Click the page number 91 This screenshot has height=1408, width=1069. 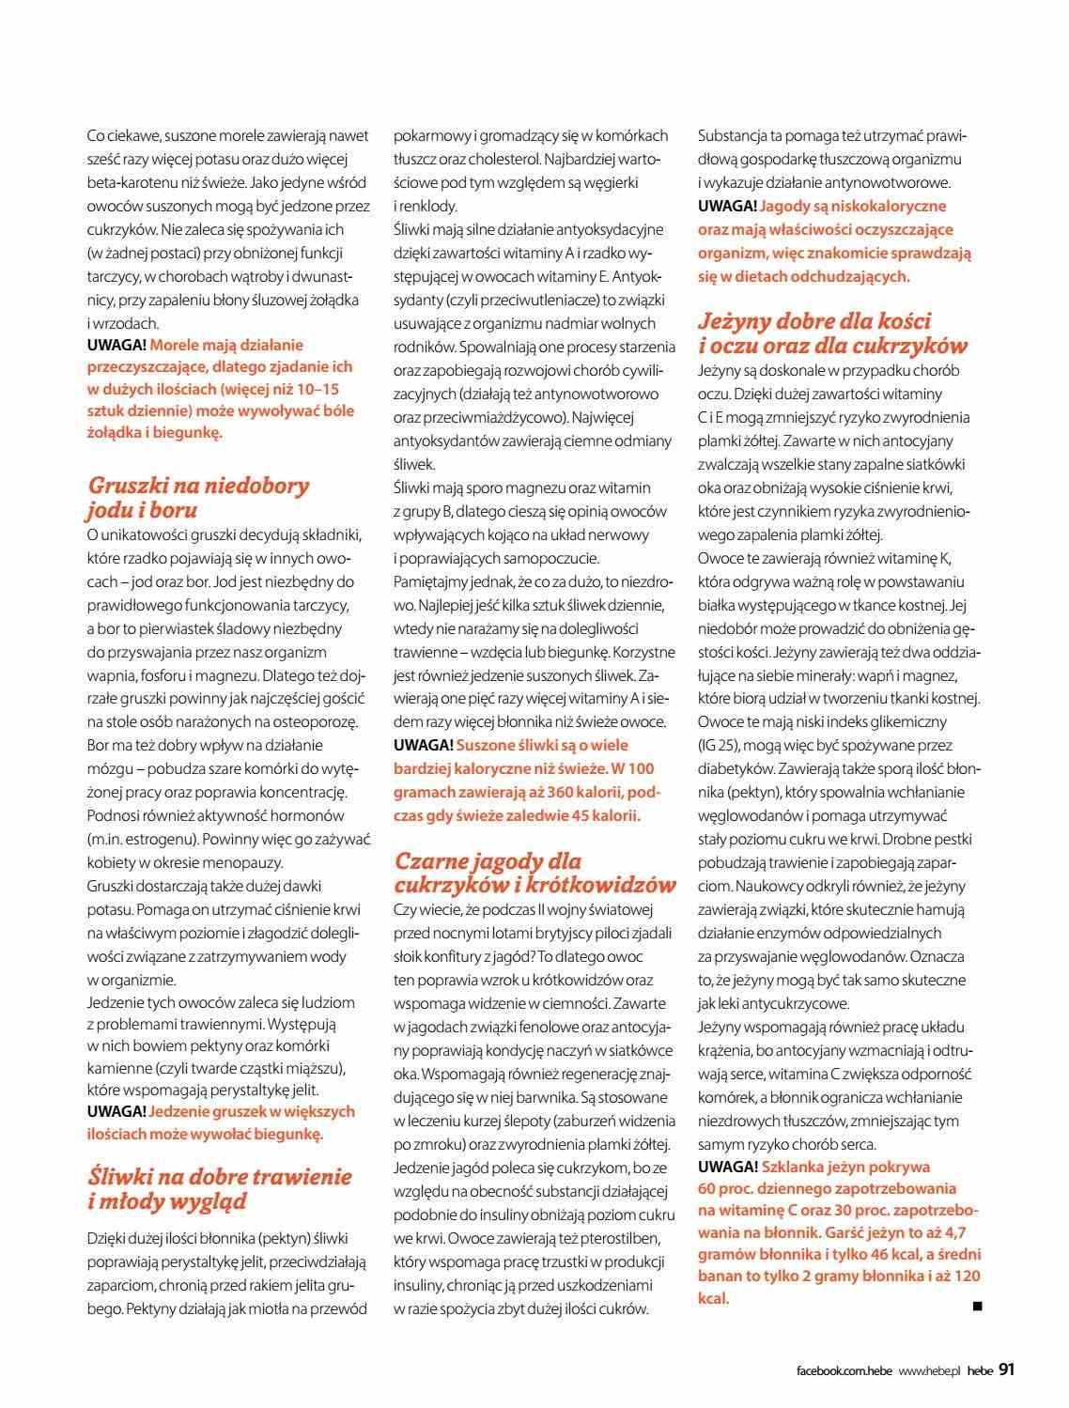pyautogui.click(x=1006, y=1369)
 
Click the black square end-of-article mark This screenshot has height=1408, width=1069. pyautogui.click(x=977, y=1305)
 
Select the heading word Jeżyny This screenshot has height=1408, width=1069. pyautogui.click(x=737, y=321)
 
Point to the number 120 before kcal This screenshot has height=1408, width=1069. pyautogui.click(x=965, y=1276)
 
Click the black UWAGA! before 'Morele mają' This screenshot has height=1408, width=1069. pyautogui.click(x=116, y=345)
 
